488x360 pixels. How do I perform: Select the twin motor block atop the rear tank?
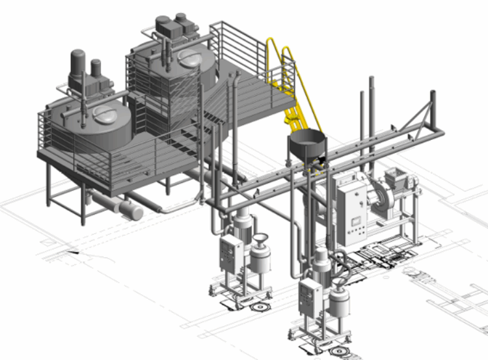coord(176,27)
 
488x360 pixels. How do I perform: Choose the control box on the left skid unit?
coord(230,254)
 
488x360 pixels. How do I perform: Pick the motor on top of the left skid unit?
coord(241,225)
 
